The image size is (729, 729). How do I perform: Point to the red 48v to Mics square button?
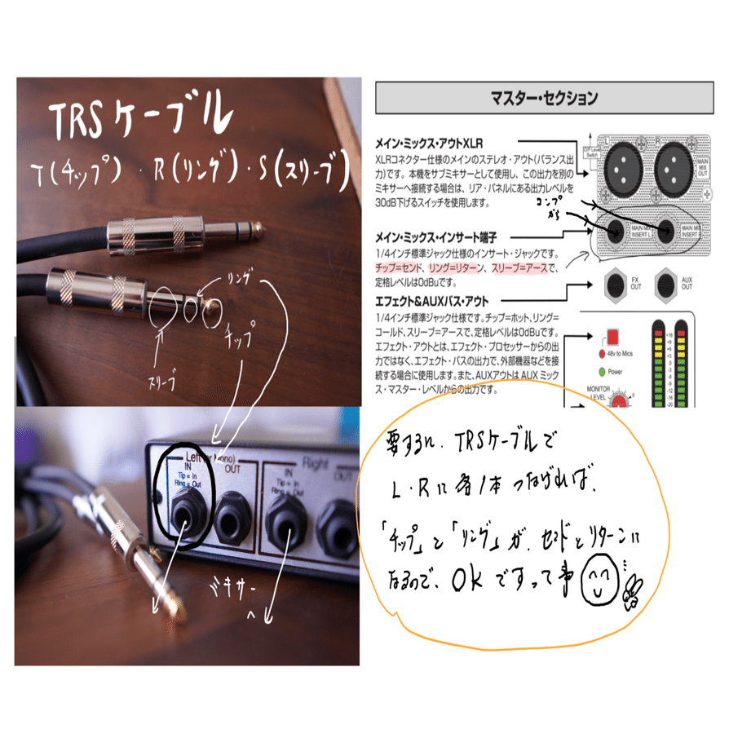[611, 337]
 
